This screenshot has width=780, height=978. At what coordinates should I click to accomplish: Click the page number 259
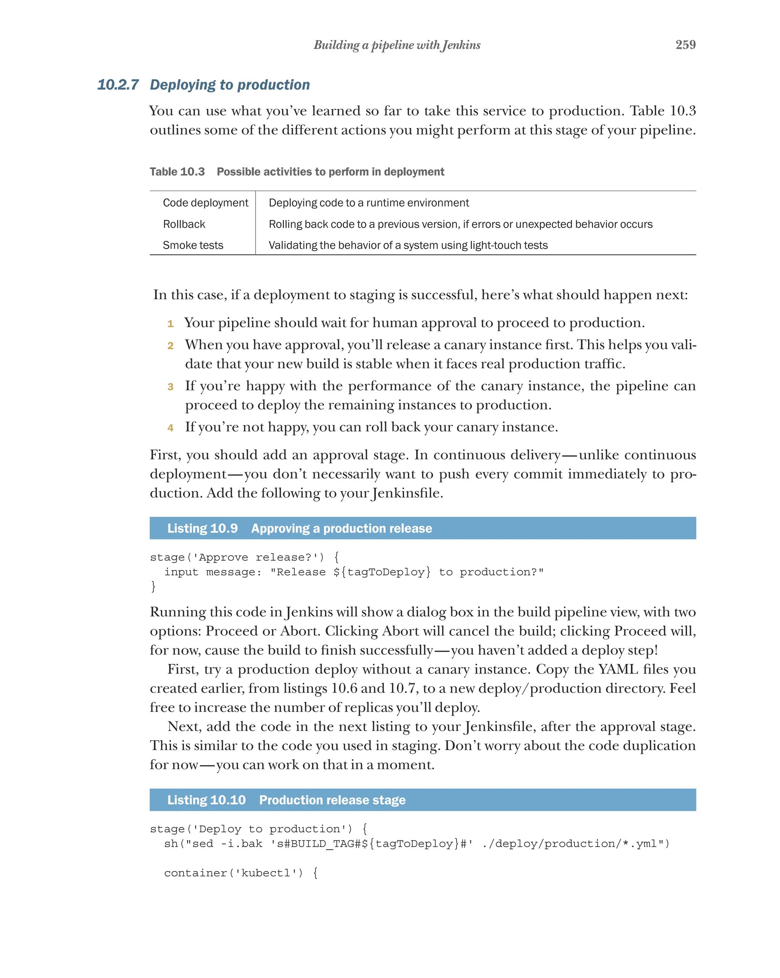coord(685,45)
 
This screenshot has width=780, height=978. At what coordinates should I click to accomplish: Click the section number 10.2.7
coord(118,85)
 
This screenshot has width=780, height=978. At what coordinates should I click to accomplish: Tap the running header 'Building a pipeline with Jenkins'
coord(396,45)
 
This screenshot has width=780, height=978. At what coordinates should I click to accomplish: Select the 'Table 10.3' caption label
coord(177,171)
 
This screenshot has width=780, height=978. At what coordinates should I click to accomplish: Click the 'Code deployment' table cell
coord(205,203)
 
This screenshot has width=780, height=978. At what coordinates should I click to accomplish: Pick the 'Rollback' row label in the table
coord(184,224)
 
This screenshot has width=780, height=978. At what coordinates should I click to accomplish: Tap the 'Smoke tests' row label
coord(193,246)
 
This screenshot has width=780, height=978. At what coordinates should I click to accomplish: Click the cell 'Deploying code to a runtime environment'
coord(368,203)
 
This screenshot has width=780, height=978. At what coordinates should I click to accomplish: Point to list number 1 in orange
coord(170,324)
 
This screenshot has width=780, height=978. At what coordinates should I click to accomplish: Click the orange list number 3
coord(170,387)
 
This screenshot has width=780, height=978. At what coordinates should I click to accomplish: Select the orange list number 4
coord(170,428)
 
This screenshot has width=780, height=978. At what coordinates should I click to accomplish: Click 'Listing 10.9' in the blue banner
coord(202,528)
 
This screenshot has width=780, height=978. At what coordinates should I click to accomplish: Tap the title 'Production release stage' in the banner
coord(332,800)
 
